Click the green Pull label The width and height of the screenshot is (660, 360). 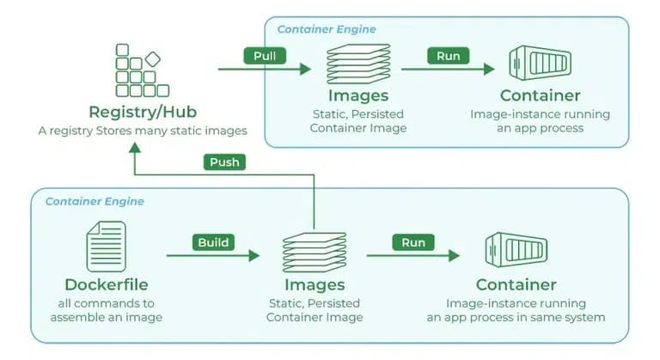tap(265, 57)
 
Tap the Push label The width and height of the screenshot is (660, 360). tap(224, 162)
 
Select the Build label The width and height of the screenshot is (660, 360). tap(213, 242)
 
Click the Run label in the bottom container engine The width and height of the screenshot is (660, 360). tap(413, 242)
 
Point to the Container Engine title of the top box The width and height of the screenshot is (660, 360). tap(326, 29)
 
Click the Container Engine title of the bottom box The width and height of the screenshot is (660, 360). tap(95, 201)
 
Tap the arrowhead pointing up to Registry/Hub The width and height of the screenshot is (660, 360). tap(135, 149)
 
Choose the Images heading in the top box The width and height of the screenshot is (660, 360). tap(357, 95)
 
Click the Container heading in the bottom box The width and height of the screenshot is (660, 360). tap(516, 284)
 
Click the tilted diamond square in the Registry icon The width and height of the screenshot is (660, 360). tap(153, 59)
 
